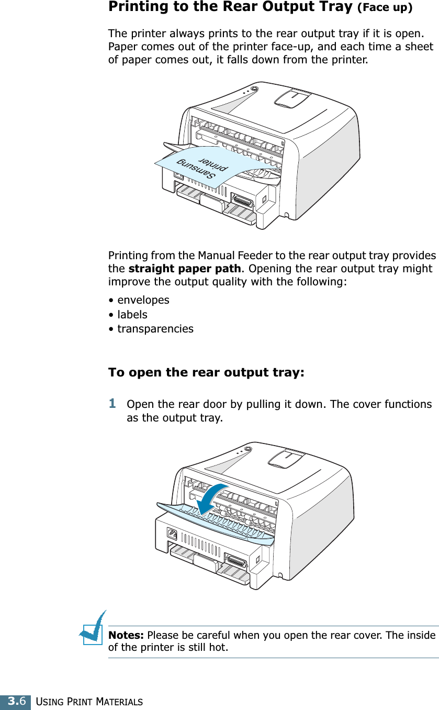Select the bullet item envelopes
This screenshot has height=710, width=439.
pos(143,300)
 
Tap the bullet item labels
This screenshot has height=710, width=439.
pos(132,315)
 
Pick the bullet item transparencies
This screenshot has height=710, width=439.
pos(155,329)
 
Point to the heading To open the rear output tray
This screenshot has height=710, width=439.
pos(206,373)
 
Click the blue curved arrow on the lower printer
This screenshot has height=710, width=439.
pos(211,500)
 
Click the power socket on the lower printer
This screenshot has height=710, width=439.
pos(171,535)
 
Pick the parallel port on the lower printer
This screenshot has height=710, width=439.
pos(235,562)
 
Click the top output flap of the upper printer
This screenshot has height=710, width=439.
pos(292,97)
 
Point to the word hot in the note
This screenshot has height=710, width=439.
pos(218,648)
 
